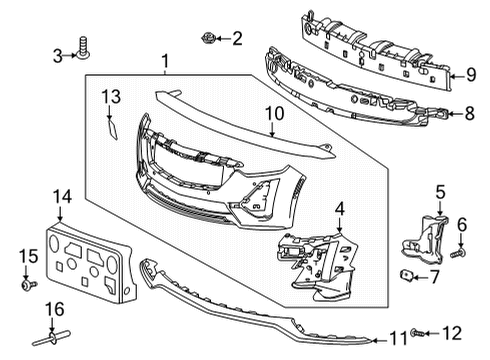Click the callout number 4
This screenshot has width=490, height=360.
tap(340, 209)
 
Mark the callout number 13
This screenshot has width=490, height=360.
tap(110, 96)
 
